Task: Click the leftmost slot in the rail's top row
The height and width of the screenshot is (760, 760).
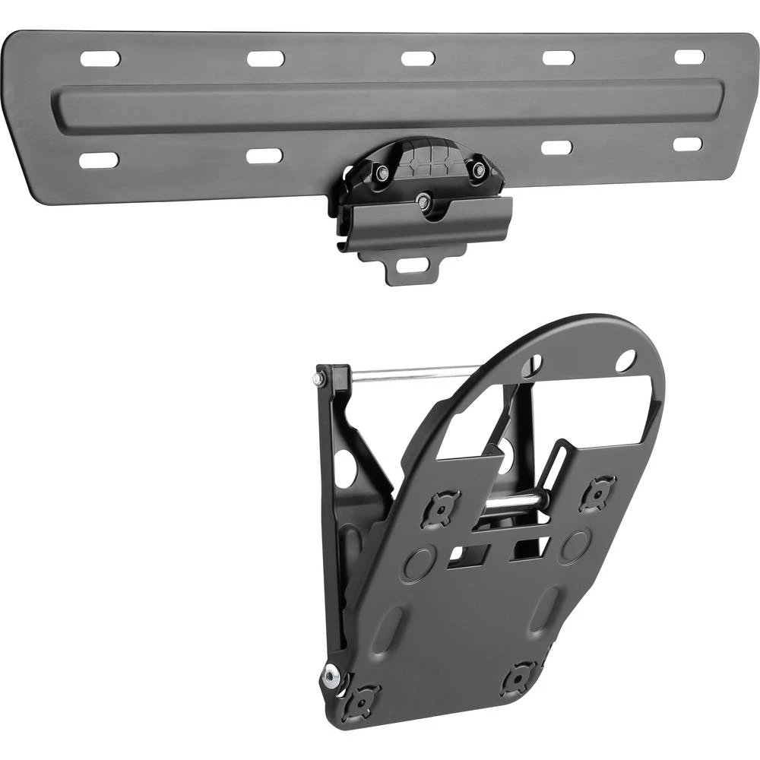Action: tap(100, 59)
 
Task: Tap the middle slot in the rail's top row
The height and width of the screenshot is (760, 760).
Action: tap(418, 59)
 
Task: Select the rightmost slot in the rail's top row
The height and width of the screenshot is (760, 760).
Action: tap(689, 57)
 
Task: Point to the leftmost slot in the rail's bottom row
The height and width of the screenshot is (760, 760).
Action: tap(99, 160)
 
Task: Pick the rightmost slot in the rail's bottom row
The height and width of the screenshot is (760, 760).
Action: tap(688, 144)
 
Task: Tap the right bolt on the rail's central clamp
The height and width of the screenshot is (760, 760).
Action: tap(478, 170)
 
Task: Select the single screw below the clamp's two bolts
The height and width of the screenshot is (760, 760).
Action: tap(423, 201)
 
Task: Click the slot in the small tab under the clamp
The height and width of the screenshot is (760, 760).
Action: tap(412, 266)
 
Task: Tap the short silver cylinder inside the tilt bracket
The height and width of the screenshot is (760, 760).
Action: tap(515, 502)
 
